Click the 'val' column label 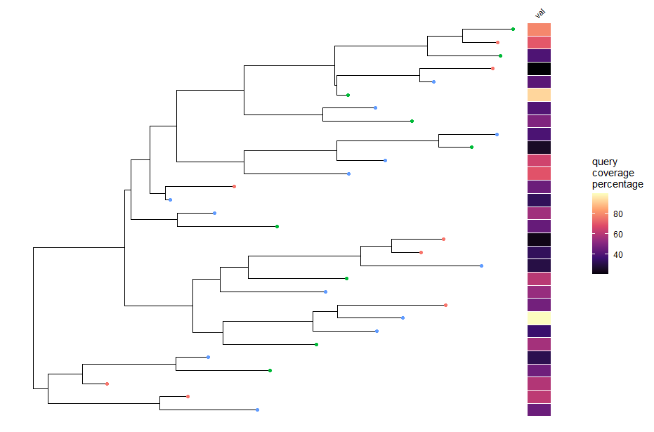point(539,13)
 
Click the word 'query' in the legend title point(605,162)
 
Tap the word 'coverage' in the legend point(613,174)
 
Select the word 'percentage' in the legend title point(617,185)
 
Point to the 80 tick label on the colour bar point(618,214)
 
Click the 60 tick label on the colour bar point(618,235)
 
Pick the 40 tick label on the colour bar point(618,255)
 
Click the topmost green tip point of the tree point(514,29)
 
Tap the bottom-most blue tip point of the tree point(258,410)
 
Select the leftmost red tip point point(107,384)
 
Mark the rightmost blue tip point point(497,134)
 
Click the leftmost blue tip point point(170,200)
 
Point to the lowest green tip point point(270,370)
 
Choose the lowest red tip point point(188,397)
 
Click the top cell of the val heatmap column point(539,30)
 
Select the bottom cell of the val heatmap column point(539,410)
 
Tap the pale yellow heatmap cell point(539,318)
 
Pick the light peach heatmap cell point(539,95)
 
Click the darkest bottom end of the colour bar point(600,270)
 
